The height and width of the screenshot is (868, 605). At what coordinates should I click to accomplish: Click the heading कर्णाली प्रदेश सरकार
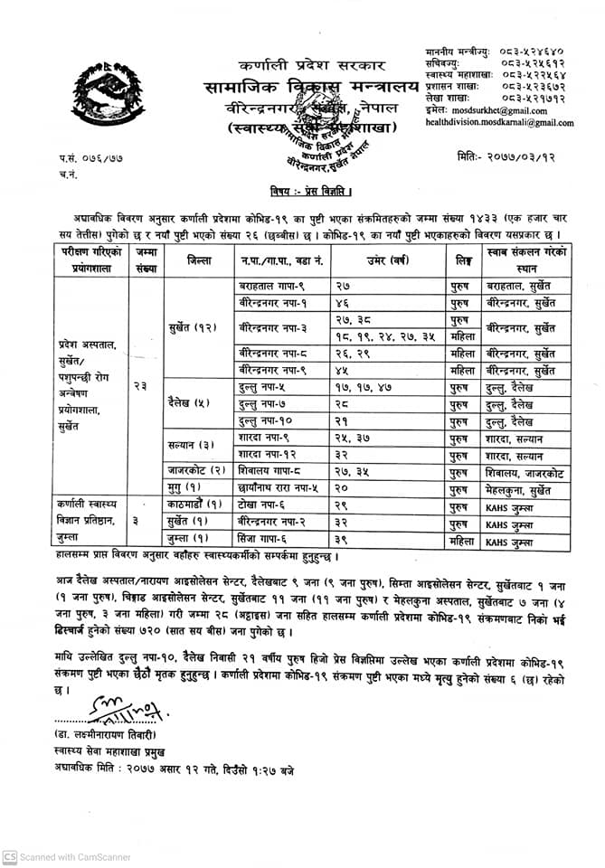pos(312,66)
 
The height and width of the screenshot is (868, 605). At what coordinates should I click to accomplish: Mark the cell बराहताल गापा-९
pos(260,285)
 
